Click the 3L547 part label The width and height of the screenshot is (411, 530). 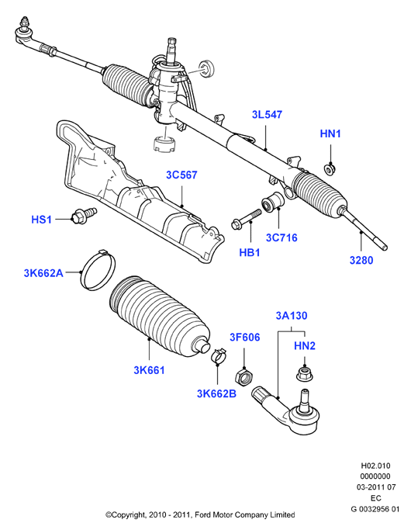(x=267, y=115)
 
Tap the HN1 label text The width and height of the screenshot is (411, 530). (x=330, y=133)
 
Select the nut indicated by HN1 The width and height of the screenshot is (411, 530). (x=330, y=168)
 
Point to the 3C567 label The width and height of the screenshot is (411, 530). (x=181, y=175)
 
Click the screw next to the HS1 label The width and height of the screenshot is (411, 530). (x=85, y=215)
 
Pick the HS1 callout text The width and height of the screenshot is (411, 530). (x=41, y=220)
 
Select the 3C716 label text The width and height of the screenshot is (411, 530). (x=281, y=237)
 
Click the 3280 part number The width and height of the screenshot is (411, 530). (x=361, y=260)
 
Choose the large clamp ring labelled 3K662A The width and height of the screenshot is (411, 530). (x=98, y=269)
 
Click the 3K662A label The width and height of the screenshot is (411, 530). (x=43, y=273)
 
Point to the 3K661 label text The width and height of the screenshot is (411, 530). (x=149, y=370)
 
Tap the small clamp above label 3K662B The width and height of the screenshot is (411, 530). (x=219, y=355)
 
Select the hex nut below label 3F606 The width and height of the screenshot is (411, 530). (x=244, y=377)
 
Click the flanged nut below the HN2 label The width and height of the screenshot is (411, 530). (x=304, y=374)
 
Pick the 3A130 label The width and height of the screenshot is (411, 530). (x=292, y=316)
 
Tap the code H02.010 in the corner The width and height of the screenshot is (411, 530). (x=375, y=466)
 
